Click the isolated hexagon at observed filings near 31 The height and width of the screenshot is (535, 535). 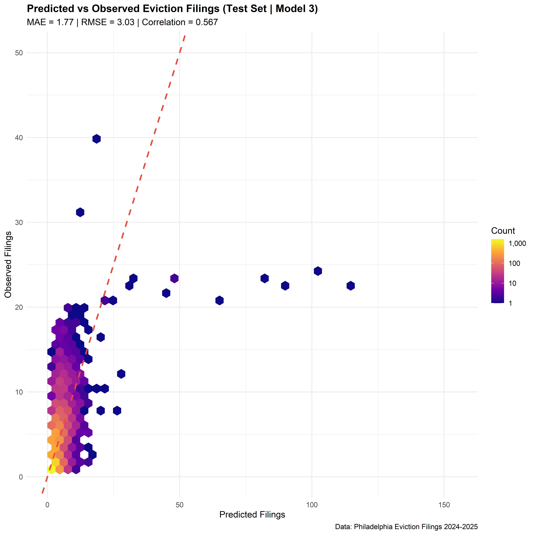(x=80, y=212)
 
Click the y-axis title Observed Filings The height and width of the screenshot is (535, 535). (x=8, y=264)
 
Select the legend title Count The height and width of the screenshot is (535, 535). (x=503, y=231)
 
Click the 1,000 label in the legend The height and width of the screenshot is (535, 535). (x=517, y=244)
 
